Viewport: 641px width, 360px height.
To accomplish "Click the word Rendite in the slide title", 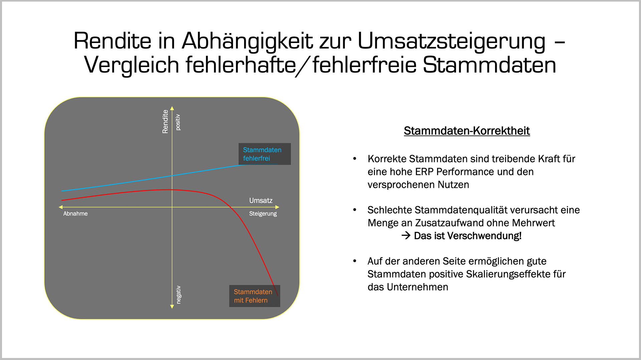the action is tap(113, 41).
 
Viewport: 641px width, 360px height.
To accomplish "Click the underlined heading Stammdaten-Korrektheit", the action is tap(467, 131).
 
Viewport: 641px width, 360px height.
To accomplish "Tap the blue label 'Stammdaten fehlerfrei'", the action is tap(262, 154).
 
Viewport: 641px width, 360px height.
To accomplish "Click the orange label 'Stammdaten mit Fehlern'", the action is tap(253, 296).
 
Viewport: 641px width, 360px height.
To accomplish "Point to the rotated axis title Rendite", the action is tap(165, 122).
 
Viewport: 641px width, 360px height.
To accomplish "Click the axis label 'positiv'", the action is tap(178, 122).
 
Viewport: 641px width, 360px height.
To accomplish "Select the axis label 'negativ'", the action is tap(179, 295).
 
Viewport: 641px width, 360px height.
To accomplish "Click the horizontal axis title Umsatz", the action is tap(261, 201).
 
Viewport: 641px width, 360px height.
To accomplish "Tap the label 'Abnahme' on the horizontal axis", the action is tap(75, 214).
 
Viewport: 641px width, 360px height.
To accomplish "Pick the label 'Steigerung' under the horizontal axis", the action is tap(263, 214).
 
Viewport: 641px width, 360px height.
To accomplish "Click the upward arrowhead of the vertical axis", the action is tap(172, 108).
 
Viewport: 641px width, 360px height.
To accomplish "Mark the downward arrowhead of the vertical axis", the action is tap(172, 307).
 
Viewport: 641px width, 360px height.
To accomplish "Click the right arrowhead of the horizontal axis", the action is tap(277, 207).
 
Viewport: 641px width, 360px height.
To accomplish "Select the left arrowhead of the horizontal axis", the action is tap(61, 207).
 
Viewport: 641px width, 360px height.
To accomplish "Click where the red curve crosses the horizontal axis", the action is tap(230, 207).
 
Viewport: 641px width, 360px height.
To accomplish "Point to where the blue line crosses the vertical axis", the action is tap(172, 176).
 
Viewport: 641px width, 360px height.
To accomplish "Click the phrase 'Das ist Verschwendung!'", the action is tap(467, 236).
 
